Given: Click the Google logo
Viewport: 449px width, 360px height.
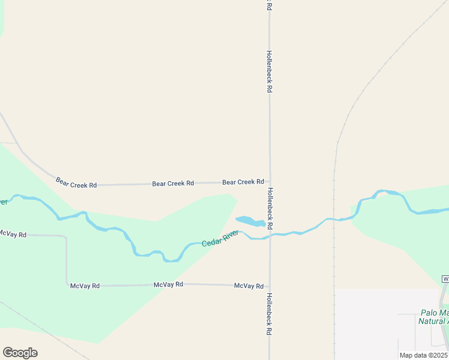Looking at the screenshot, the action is point(20,353).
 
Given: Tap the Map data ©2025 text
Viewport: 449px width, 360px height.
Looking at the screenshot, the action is point(423,355).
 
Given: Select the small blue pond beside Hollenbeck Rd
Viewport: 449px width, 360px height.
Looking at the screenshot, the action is point(251,221).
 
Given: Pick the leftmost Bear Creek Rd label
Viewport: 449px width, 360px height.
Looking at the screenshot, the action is point(76,182).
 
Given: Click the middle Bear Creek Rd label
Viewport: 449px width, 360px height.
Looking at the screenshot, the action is point(173,183).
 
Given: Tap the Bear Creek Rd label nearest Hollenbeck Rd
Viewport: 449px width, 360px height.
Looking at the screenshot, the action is point(243,182).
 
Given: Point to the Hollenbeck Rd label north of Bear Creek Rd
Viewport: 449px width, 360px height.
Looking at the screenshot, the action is point(270,71).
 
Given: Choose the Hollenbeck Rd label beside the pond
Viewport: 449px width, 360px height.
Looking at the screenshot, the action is point(270,209).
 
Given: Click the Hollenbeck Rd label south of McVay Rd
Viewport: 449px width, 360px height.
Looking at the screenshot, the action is point(270,313).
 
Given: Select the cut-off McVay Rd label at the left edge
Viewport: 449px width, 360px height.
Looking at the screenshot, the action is point(12,233).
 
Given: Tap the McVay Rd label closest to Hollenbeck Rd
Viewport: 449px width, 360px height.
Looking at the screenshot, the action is point(249,286).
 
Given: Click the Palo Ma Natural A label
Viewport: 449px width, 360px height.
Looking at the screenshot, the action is point(433,317).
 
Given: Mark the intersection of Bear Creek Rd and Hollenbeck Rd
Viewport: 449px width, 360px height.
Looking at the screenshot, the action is point(270,181).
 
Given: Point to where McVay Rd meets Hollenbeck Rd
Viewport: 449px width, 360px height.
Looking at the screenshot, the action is point(270,286).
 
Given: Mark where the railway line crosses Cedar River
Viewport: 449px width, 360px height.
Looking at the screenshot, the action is point(334,220).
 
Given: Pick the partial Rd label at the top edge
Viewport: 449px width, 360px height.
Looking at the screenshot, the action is point(269,5).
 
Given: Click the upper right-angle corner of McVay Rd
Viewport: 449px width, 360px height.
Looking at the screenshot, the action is point(65,236).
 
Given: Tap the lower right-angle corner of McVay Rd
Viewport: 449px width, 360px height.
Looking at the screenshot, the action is point(67,285).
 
